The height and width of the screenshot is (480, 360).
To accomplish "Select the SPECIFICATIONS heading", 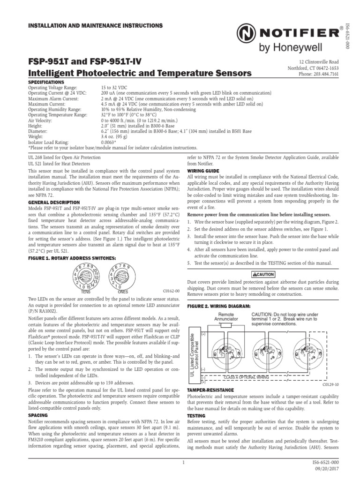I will [45, 82].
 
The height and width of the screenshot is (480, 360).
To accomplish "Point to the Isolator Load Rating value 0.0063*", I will [109, 142].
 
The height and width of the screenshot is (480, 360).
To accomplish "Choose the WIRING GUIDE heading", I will [203, 171].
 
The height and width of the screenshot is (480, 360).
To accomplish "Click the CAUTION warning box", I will [263, 274].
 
